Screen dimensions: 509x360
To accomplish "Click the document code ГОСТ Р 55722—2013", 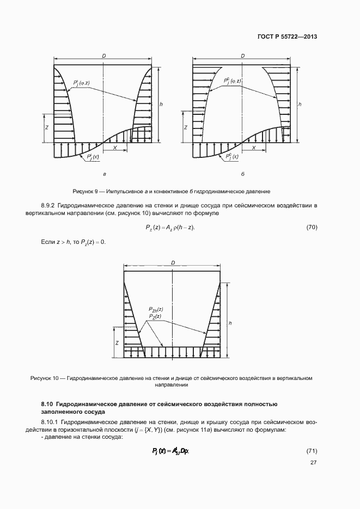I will pyautogui.click(x=287, y=37).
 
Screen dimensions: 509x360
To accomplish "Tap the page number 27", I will pyautogui.click(x=313, y=463).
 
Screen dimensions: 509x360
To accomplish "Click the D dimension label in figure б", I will pyautogui.click(x=242, y=56).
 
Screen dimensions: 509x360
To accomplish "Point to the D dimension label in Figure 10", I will pyautogui.click(x=173, y=262).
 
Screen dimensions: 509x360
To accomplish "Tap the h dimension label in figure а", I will pyautogui.click(x=161, y=103).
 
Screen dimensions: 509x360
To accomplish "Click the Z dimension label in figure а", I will pyautogui.click(x=47, y=127).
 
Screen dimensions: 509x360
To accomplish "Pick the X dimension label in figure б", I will pyautogui.click(x=254, y=148).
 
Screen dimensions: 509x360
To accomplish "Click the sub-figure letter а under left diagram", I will pyautogui.click(x=104, y=174).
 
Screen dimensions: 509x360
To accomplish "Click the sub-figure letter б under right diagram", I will pyautogui.click(x=242, y=174).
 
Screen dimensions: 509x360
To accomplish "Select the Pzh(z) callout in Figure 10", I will pyautogui.click(x=156, y=309).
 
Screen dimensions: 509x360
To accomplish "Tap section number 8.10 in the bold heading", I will pyautogui.click(x=47, y=404).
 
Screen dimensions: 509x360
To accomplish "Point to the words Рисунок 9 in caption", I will pyautogui.click(x=85, y=192).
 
